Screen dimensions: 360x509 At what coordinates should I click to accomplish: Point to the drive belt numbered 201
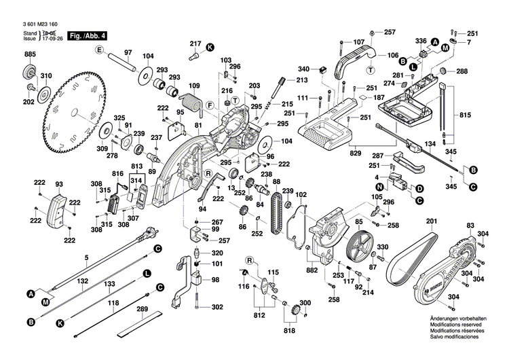pyautogui.click(x=412, y=262)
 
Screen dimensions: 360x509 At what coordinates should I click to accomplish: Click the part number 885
pyautogui.click(x=30, y=54)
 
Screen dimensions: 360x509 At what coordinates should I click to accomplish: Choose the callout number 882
pyautogui.click(x=312, y=270)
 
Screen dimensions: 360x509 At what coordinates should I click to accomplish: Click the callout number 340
pyautogui.click(x=303, y=69)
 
